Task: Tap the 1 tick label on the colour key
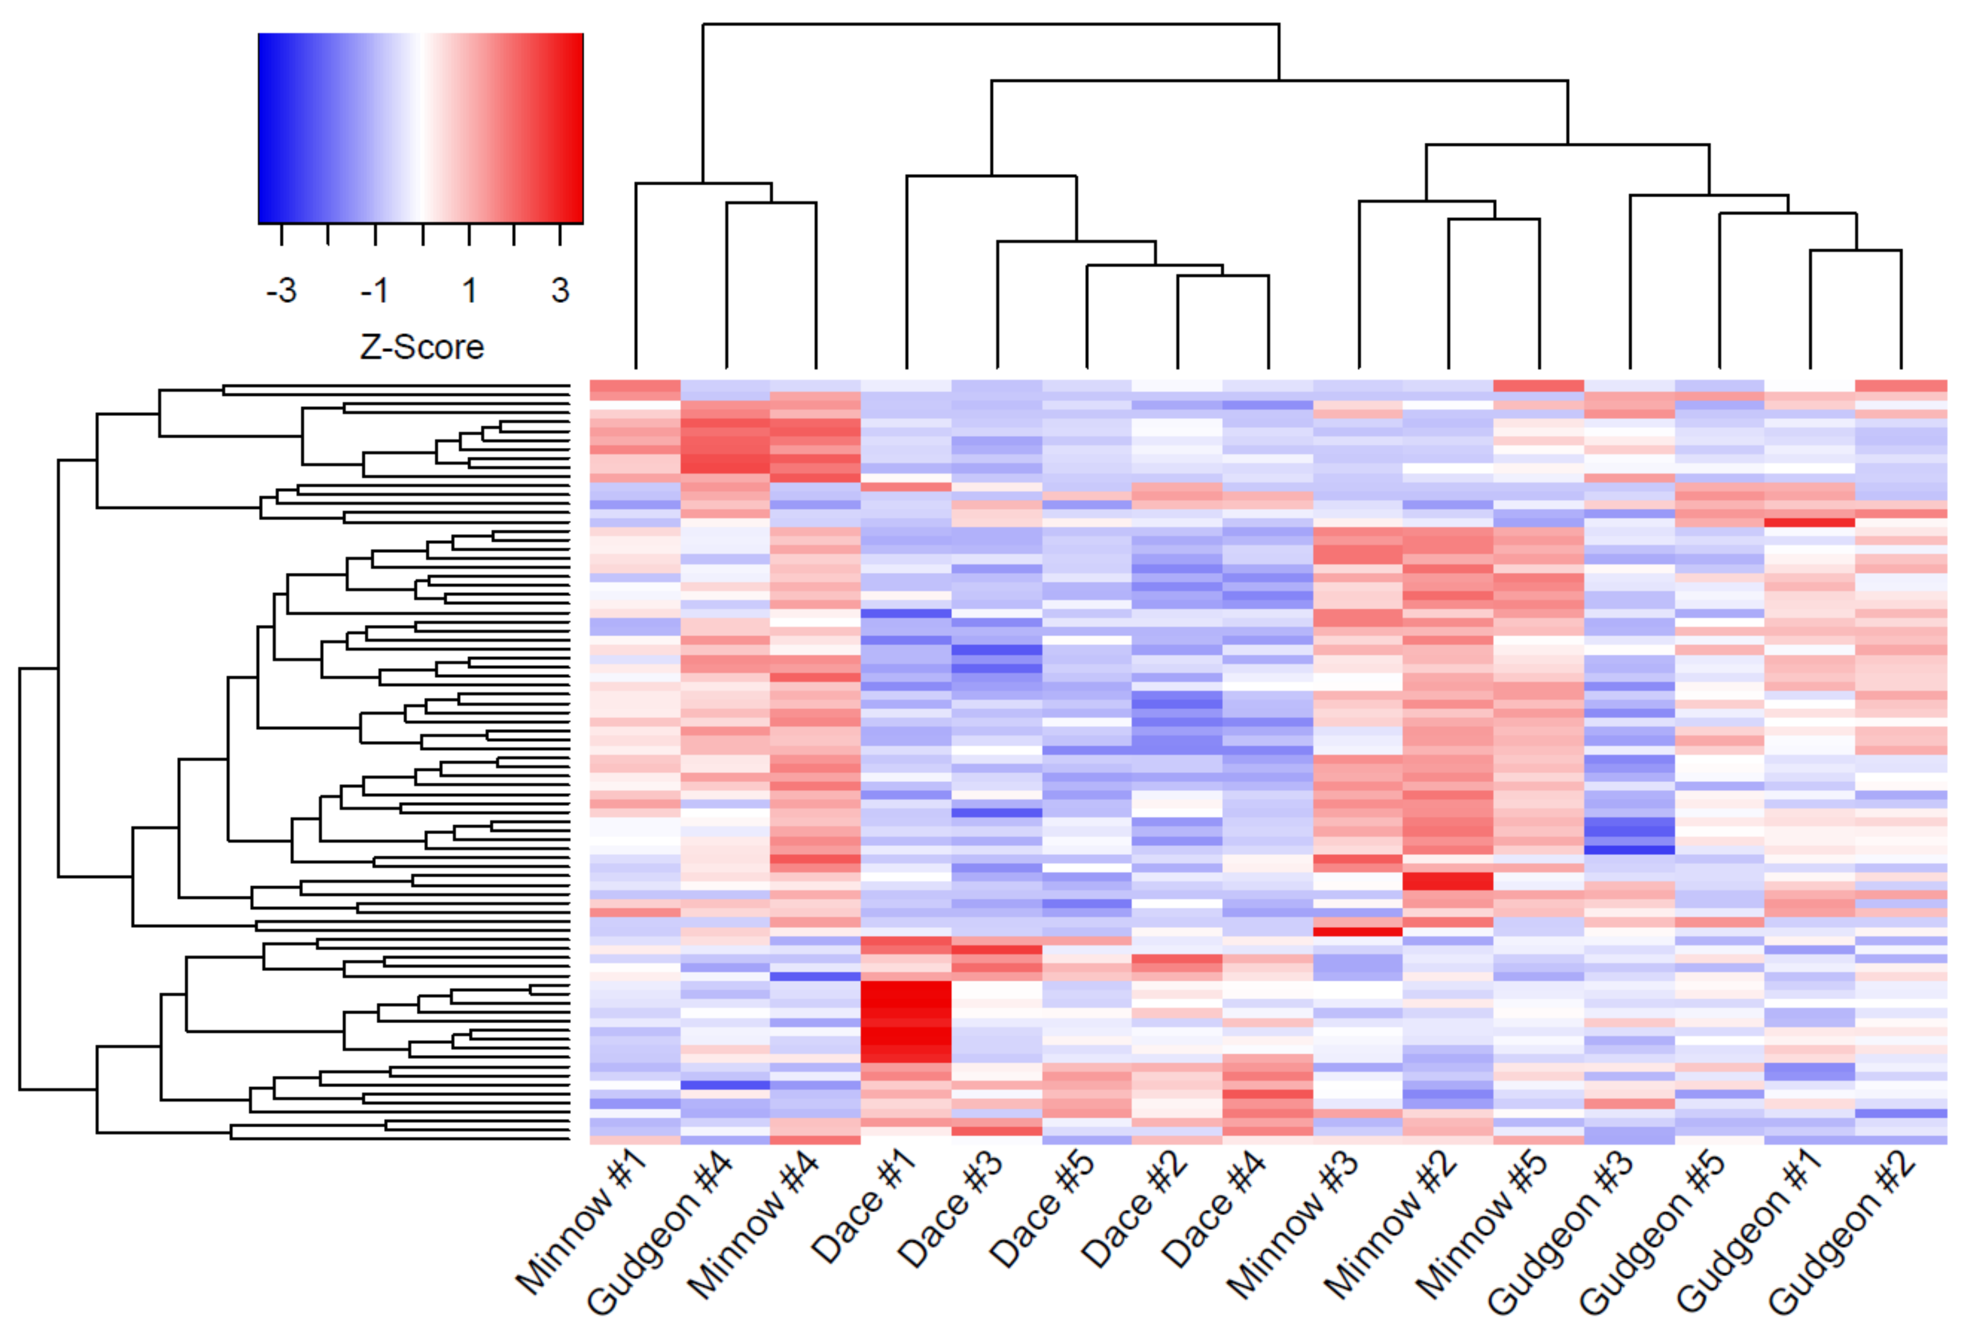click(x=469, y=291)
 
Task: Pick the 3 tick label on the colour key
click(x=560, y=291)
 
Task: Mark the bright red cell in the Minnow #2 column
click(x=1448, y=881)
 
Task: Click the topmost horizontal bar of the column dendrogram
click(x=991, y=24)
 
